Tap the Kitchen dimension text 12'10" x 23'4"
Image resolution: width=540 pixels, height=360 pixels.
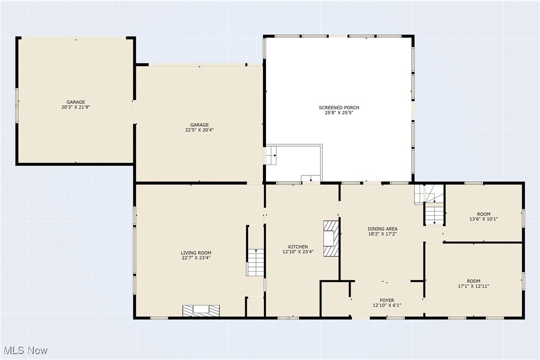(298, 252)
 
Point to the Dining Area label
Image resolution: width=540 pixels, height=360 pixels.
(382, 229)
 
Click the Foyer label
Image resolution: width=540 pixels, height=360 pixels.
(387, 300)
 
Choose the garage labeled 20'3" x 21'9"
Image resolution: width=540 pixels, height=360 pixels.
(76, 104)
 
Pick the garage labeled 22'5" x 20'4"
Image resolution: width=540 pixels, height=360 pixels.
(199, 127)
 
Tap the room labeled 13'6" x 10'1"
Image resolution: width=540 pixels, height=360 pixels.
(483, 216)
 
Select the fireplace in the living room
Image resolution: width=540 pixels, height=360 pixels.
(201, 310)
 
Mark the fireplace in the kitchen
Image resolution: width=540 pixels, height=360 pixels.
(330, 238)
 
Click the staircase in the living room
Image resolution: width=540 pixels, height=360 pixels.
(255, 262)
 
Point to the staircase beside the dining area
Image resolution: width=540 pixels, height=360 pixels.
(434, 214)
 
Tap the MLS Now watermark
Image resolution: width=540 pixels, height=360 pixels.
(24, 350)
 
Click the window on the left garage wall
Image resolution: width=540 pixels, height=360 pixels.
(17, 105)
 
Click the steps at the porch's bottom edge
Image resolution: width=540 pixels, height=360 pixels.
(311, 179)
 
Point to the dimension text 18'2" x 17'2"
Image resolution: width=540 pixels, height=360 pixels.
(382, 234)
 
